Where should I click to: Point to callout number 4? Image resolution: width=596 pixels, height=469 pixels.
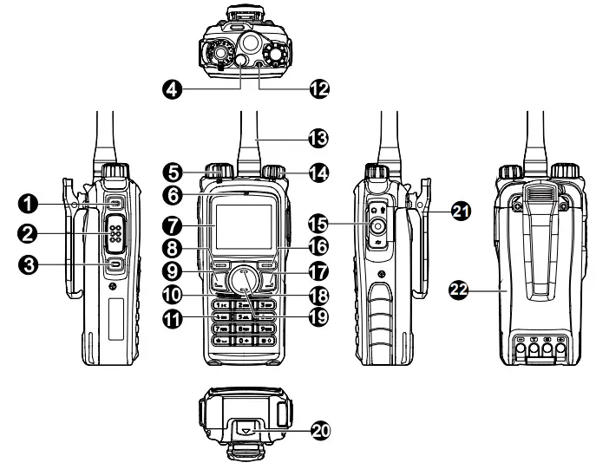point(174,88)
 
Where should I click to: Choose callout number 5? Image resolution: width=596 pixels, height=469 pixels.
point(174,173)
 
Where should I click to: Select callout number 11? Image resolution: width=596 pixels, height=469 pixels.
point(174,320)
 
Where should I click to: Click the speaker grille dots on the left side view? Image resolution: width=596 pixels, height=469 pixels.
point(115,232)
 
